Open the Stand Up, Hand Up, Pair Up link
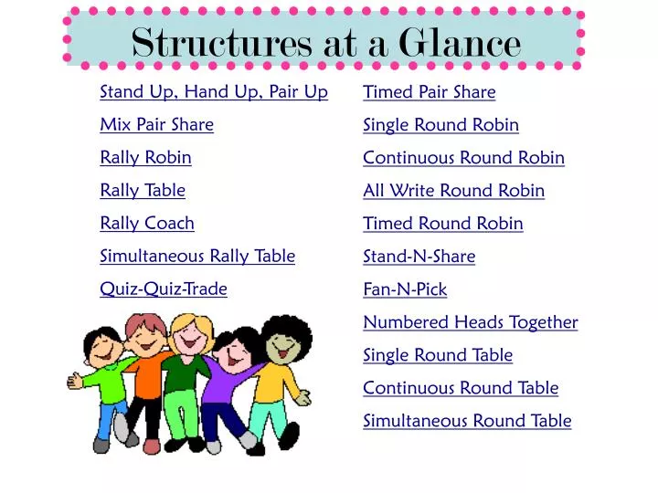point(214,92)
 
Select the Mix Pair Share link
point(156,125)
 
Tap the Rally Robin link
point(145,158)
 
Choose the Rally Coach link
point(147,224)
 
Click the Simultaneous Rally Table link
point(197,257)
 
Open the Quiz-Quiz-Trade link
point(164,289)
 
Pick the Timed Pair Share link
point(429,92)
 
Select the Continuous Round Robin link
point(463,158)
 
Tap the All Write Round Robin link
point(453,191)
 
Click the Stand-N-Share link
point(419,257)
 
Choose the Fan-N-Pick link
point(405,289)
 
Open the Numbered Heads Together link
point(470,322)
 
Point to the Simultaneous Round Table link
point(467,421)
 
